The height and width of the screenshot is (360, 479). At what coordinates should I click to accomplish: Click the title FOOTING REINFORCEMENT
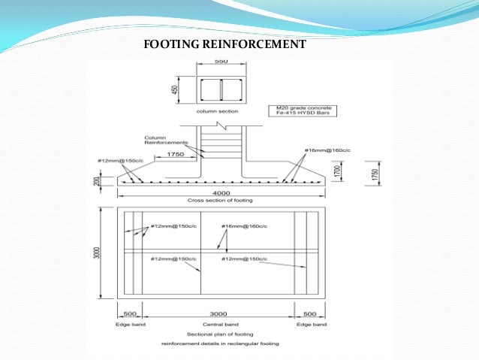pos(224,44)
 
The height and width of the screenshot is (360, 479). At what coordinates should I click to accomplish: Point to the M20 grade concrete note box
pos(304,110)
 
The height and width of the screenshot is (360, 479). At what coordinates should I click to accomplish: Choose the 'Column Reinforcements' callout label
pos(161,141)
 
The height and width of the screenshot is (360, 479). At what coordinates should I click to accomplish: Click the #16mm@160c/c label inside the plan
pos(244,226)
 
